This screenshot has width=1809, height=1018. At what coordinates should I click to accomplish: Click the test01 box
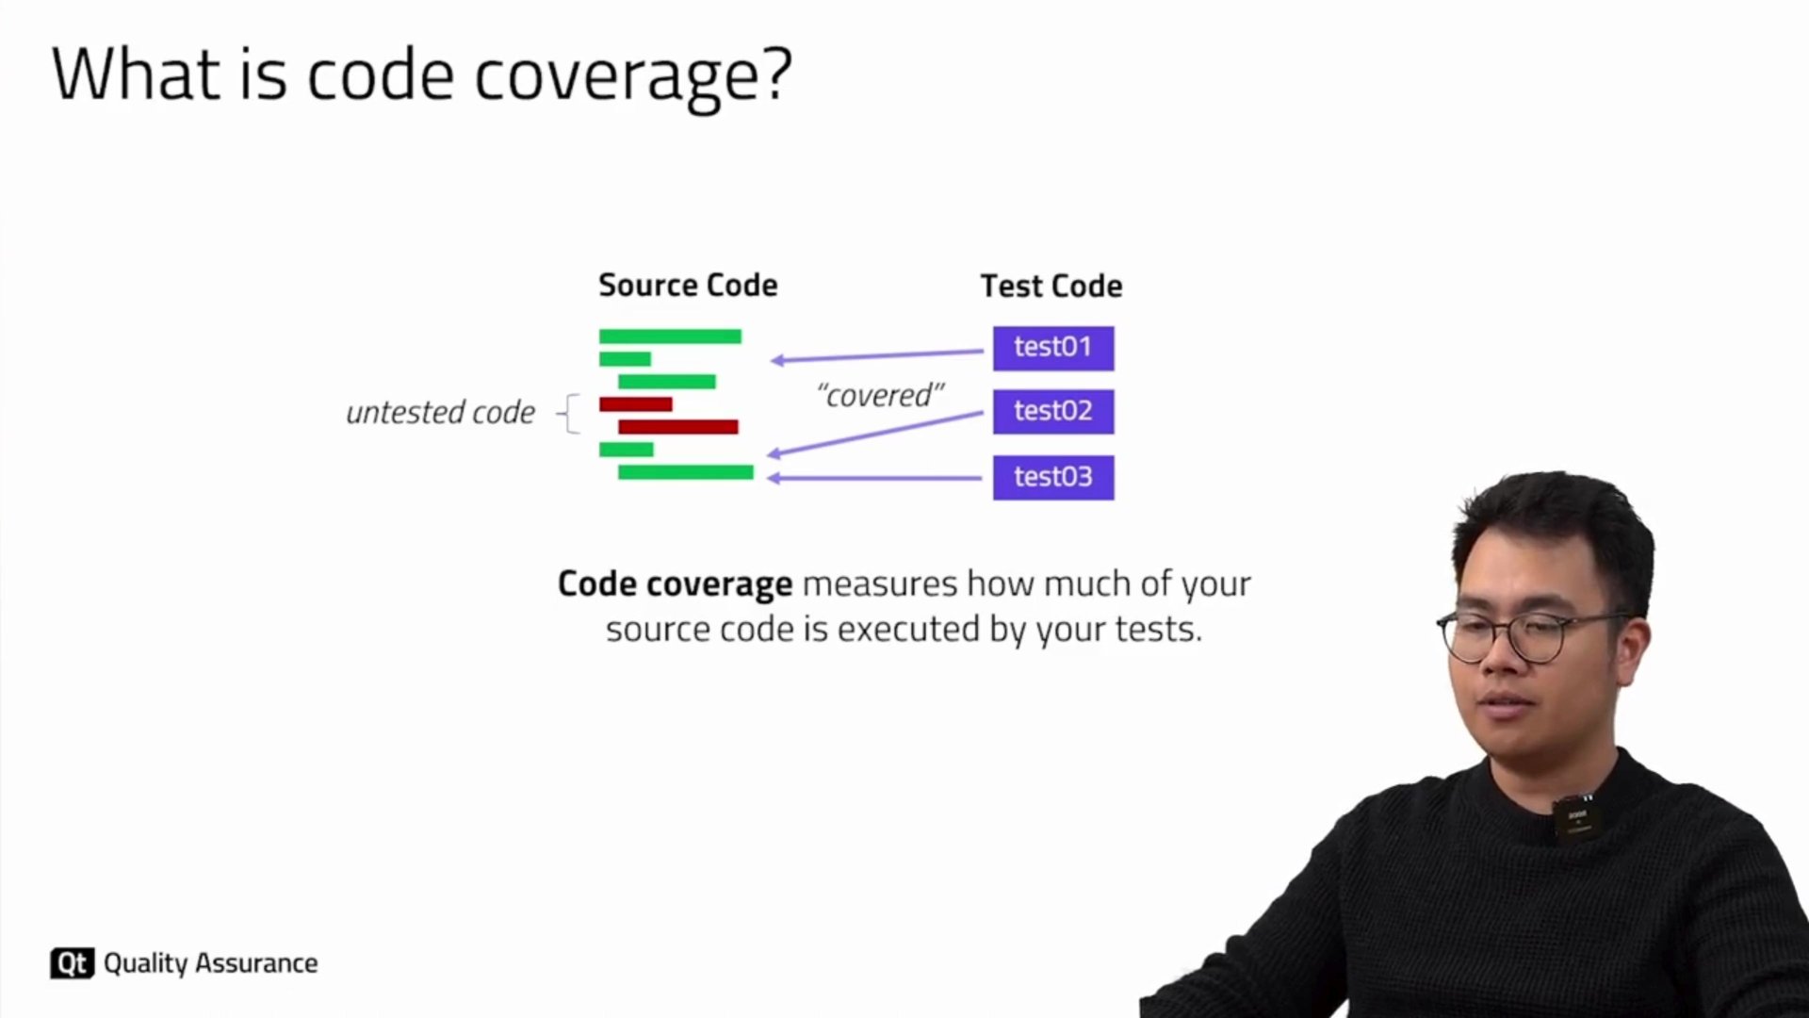(x=1053, y=348)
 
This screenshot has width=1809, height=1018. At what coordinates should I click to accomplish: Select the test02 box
(x=1053, y=412)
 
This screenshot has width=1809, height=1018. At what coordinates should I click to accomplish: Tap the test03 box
(x=1053, y=478)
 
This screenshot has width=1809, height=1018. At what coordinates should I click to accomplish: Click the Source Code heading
(x=688, y=285)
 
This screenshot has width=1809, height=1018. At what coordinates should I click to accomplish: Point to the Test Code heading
(x=1051, y=286)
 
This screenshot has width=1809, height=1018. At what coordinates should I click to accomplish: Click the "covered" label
(x=880, y=395)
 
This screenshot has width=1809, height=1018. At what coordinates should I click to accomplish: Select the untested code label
(x=440, y=412)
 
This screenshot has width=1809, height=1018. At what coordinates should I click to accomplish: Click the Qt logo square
(x=72, y=962)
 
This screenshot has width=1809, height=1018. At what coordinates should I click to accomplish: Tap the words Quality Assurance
(x=211, y=963)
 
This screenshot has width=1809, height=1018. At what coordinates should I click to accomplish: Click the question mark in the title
(x=774, y=74)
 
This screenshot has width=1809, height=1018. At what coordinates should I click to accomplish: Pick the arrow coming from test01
(x=877, y=355)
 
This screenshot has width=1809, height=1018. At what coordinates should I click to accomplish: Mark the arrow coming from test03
(x=875, y=478)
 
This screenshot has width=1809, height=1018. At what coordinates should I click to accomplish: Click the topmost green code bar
(x=670, y=337)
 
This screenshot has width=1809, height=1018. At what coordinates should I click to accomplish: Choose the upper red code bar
(x=636, y=404)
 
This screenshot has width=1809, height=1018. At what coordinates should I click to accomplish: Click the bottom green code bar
(x=686, y=472)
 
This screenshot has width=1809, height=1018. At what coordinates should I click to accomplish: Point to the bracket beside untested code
(x=569, y=414)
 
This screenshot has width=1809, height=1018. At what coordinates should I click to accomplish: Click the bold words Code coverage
(x=675, y=584)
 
